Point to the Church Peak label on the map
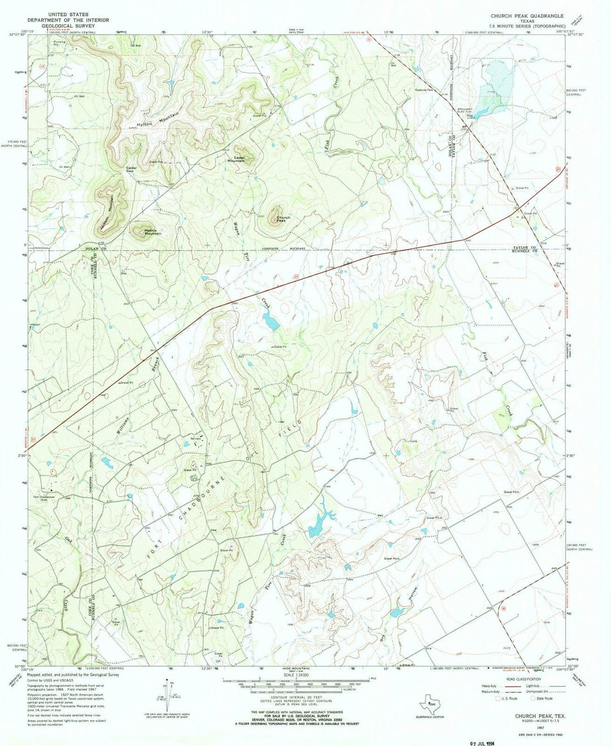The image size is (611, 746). tap(283, 219)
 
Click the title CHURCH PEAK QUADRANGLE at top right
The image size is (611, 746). tap(527, 16)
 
